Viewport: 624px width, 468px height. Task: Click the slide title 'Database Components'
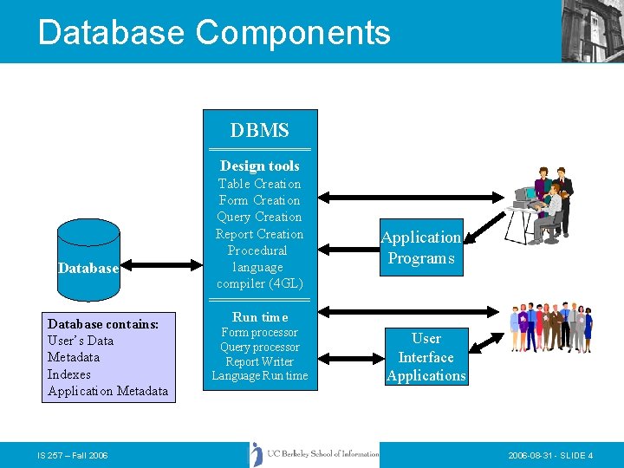[x=214, y=32]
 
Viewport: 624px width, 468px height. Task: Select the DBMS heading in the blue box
[x=260, y=131]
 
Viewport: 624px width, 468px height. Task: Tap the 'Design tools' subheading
[x=260, y=166]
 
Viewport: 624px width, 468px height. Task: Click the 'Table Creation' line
[x=260, y=184]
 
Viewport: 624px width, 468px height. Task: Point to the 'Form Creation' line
[x=260, y=200]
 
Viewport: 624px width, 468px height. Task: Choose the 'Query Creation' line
[x=260, y=217]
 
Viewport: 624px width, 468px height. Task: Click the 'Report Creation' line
[x=260, y=234]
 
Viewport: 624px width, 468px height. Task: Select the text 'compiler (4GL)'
[x=260, y=283]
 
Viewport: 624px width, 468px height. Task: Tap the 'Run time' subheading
[x=260, y=317]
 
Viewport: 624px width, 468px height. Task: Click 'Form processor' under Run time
[x=260, y=333]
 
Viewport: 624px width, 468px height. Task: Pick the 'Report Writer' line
[x=260, y=361]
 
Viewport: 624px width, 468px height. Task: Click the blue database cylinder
[x=88, y=251]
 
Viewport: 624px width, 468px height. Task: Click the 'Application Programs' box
[x=421, y=248]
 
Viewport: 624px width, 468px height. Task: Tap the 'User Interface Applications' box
[x=426, y=357]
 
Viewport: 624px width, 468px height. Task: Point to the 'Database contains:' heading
[x=103, y=324]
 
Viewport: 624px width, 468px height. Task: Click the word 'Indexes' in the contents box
[x=69, y=374]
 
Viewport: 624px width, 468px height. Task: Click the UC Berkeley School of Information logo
[x=314, y=454]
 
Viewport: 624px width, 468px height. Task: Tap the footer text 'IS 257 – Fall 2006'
[x=73, y=456]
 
